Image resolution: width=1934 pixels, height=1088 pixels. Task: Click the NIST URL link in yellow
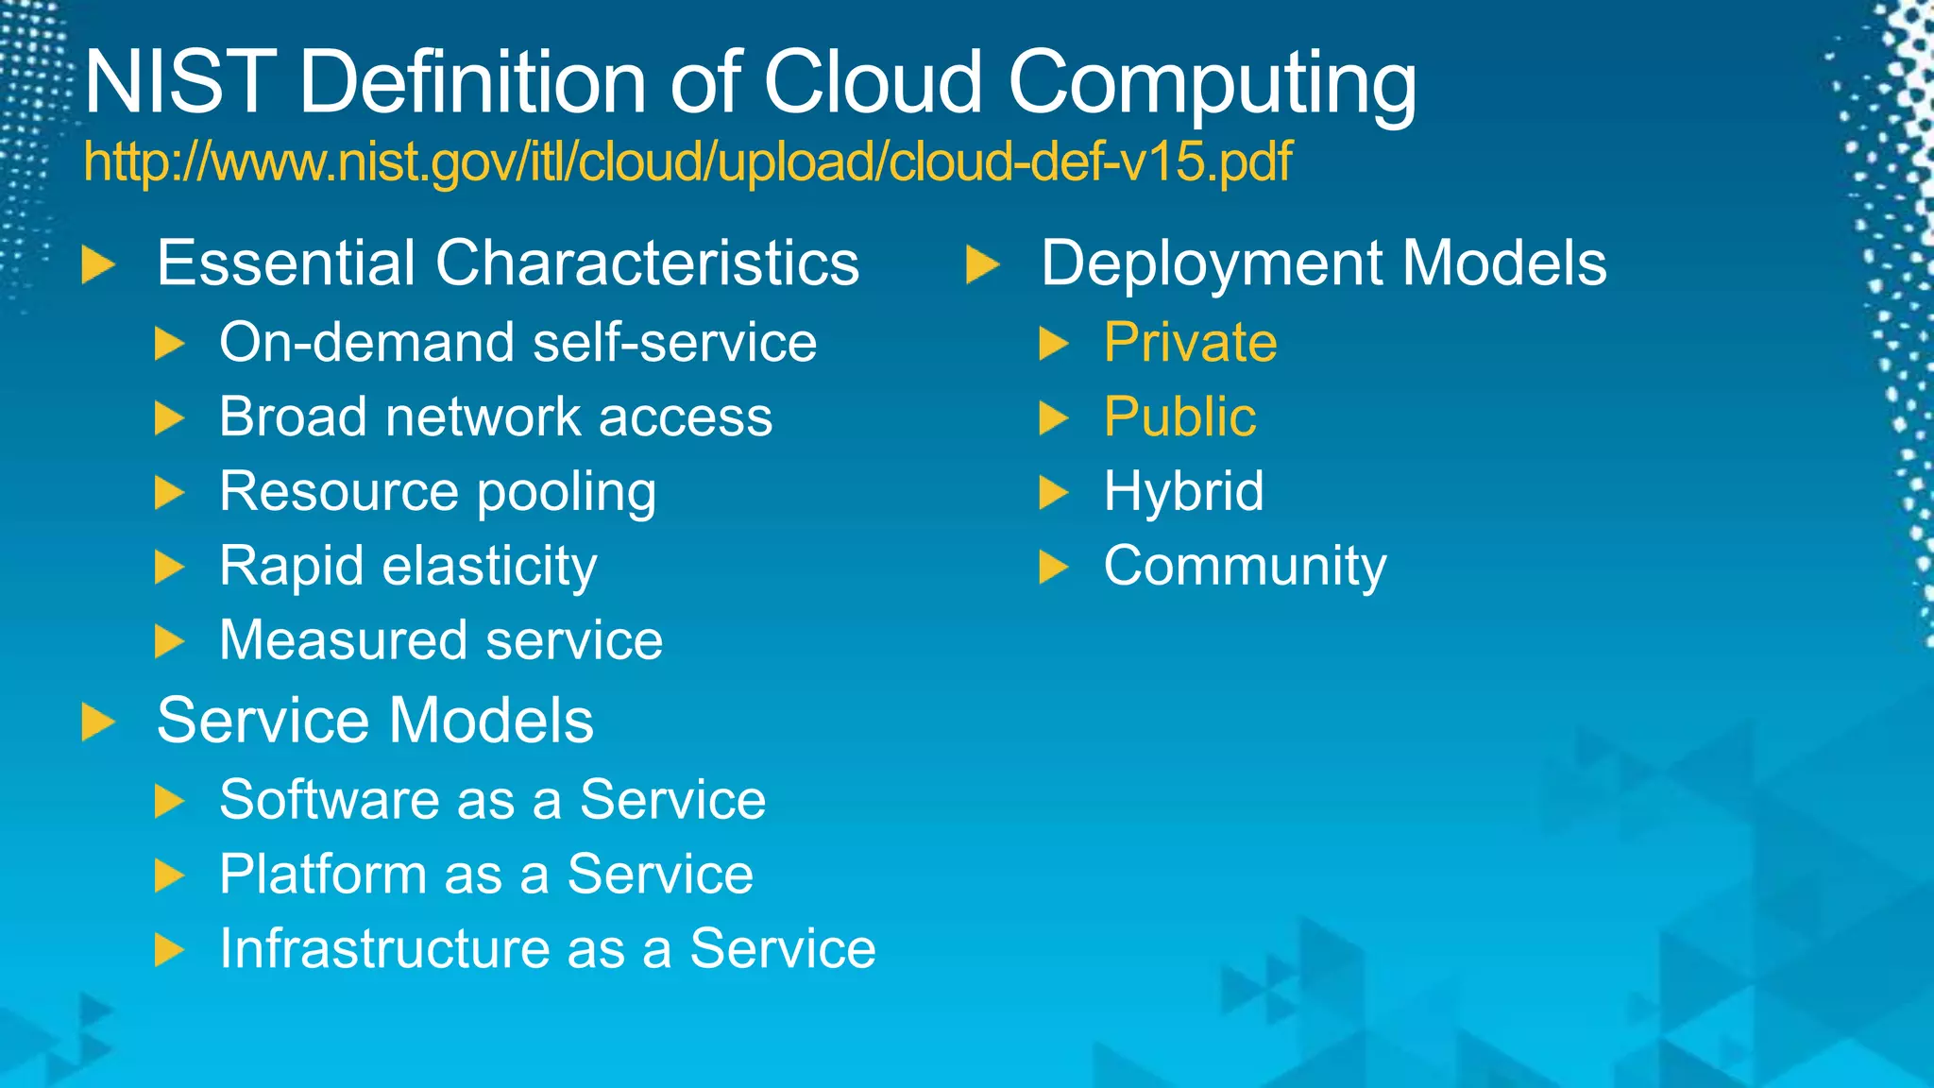[x=687, y=162]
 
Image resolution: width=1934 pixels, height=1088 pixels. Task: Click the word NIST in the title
[x=179, y=83]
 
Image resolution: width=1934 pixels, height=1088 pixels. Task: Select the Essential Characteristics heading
[x=507, y=263]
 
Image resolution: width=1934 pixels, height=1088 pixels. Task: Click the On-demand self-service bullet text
[x=517, y=342]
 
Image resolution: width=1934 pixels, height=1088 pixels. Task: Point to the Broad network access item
[x=496, y=416]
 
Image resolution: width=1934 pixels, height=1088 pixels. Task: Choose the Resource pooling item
[x=437, y=492]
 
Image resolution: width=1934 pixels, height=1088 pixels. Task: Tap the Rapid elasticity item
[x=408, y=567]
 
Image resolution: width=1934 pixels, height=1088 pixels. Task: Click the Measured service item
[x=441, y=640]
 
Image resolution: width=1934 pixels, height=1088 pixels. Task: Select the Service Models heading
[x=375, y=721]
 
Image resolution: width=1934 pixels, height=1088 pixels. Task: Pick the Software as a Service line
[x=492, y=800]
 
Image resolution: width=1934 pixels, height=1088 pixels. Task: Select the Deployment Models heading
[x=1323, y=263]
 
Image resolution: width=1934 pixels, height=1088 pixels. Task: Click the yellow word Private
[x=1190, y=342]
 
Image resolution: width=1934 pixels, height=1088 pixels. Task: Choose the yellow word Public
[x=1179, y=416]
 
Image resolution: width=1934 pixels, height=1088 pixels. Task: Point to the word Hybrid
[x=1183, y=492]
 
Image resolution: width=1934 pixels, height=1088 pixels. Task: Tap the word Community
[x=1245, y=567]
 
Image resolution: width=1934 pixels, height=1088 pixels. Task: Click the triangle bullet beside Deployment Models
[x=982, y=264]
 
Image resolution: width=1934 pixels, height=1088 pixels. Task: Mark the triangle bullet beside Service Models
[x=97, y=722]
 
